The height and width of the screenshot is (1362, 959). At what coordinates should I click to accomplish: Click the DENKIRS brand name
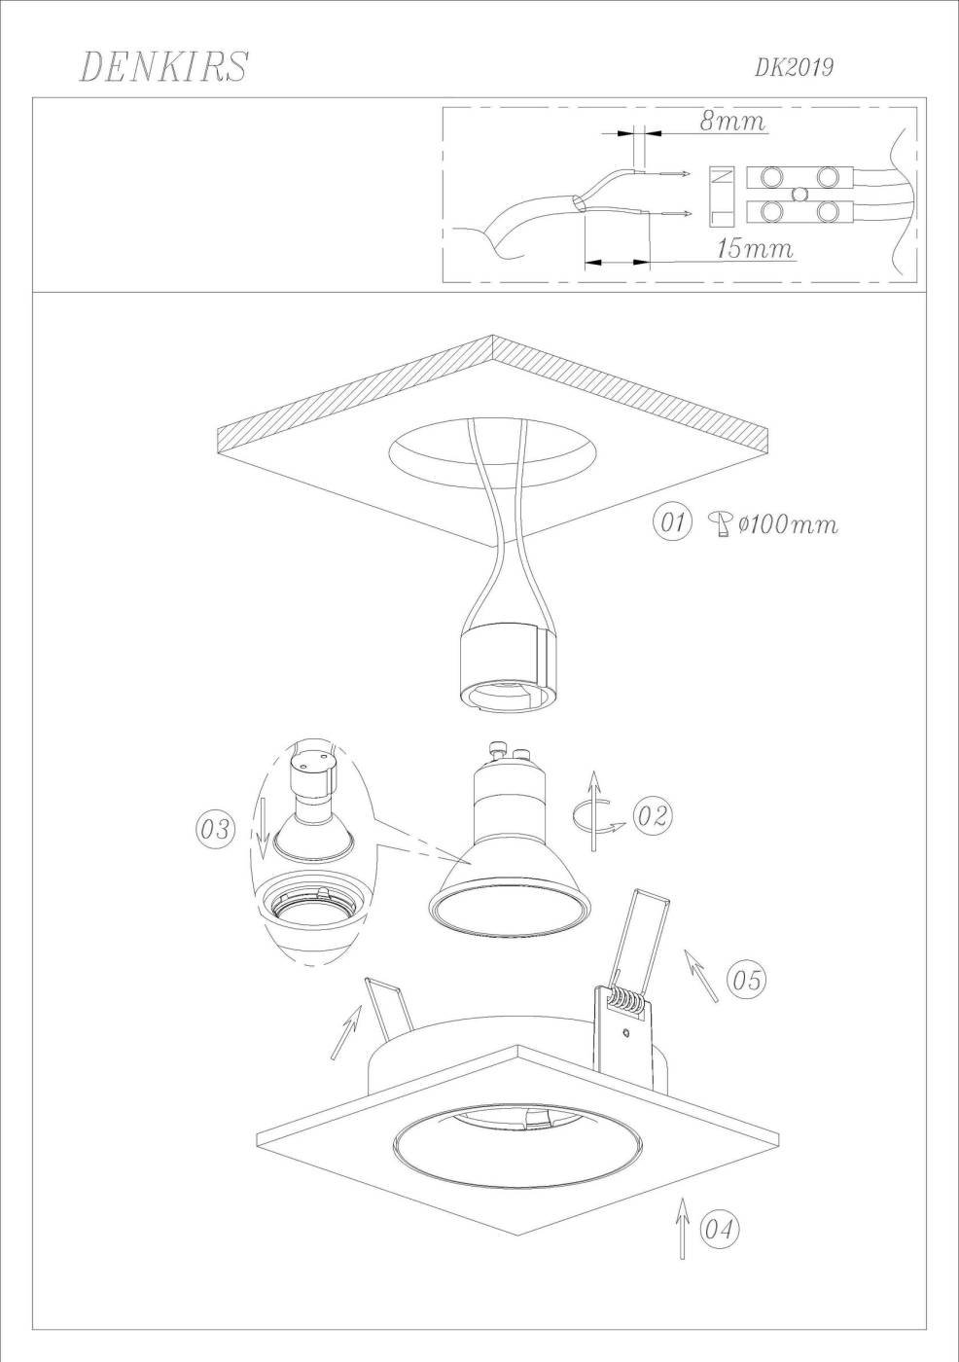tap(163, 66)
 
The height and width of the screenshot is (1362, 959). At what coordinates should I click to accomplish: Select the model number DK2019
tap(794, 68)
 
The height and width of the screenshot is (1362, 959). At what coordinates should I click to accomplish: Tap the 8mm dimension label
tap(732, 121)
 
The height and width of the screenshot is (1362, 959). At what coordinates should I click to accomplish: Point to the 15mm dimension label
tap(754, 249)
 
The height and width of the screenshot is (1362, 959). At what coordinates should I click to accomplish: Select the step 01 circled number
tap(672, 522)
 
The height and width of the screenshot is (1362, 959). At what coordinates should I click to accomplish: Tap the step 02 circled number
tap(653, 815)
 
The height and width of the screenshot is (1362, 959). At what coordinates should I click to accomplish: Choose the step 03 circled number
tap(215, 829)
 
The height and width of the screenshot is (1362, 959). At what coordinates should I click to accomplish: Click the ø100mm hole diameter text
tap(788, 523)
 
